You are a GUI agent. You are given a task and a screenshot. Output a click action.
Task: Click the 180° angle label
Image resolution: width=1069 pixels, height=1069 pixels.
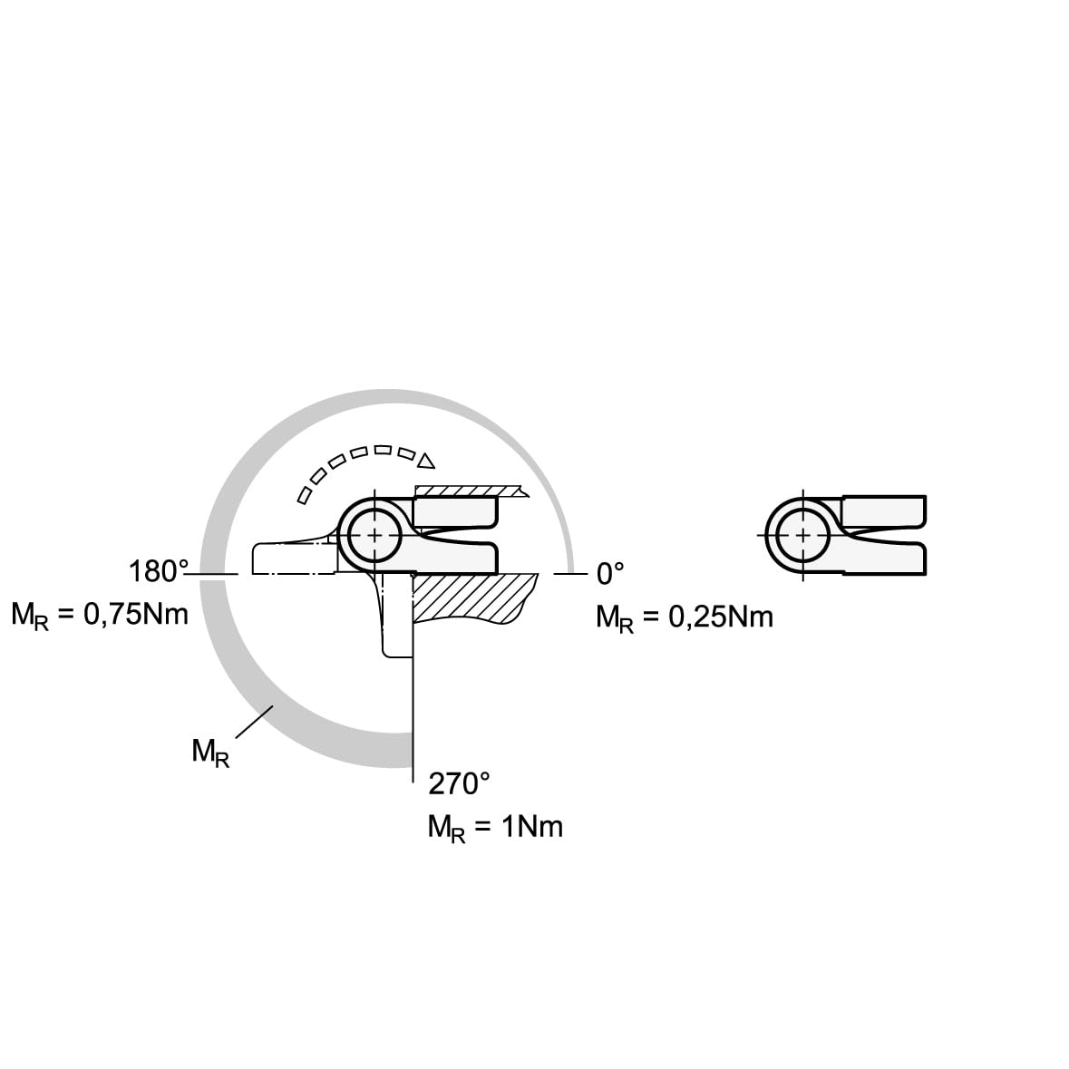tap(158, 571)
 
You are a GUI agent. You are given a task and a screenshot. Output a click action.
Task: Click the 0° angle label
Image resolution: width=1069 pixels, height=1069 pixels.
tap(610, 574)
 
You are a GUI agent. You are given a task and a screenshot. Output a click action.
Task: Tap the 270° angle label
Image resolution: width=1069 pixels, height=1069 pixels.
tap(459, 784)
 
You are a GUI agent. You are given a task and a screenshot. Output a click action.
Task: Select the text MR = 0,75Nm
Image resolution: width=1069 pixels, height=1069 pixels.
tap(100, 615)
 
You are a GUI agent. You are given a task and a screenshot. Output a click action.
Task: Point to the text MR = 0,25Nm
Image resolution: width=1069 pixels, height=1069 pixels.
tap(685, 617)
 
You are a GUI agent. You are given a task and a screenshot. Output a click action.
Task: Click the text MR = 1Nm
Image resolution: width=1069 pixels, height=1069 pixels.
tap(496, 828)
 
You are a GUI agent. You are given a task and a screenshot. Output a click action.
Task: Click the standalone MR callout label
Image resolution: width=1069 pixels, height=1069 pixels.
tap(210, 753)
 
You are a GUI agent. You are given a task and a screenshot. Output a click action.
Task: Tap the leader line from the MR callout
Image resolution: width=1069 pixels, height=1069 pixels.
tap(254, 722)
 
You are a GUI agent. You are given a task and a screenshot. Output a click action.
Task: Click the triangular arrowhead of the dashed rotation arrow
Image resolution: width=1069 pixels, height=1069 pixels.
tap(427, 461)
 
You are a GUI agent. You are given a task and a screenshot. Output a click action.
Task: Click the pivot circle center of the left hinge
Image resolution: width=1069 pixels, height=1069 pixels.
tap(374, 535)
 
